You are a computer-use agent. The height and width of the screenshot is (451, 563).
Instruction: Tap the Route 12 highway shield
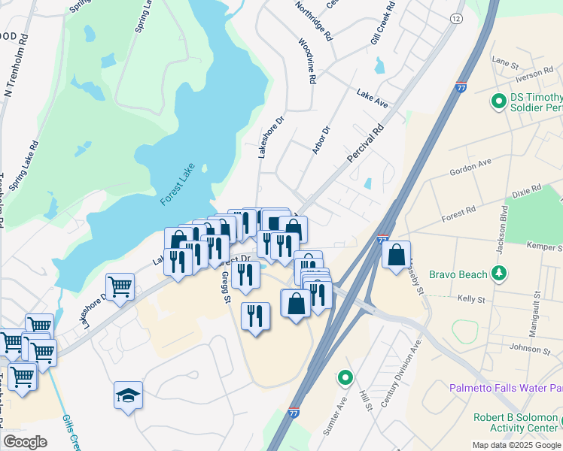457,18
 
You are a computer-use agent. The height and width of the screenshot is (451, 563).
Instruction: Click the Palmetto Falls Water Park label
506,388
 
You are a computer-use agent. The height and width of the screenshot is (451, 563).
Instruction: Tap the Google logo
25,441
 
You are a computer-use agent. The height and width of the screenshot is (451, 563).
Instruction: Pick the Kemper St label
544,246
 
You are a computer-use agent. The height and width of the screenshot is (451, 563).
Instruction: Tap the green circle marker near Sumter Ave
345,377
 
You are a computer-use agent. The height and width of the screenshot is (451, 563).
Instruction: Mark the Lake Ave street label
372,98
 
